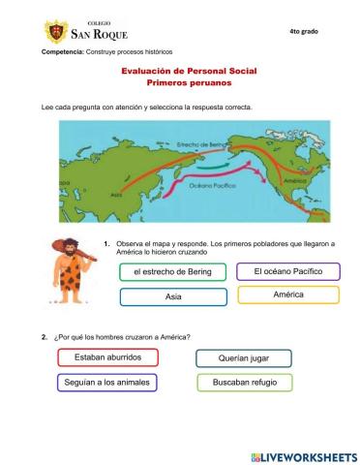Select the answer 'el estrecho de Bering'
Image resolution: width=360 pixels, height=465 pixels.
pyautogui.click(x=172, y=273)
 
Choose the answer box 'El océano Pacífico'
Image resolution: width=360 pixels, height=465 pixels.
pyautogui.click(x=287, y=271)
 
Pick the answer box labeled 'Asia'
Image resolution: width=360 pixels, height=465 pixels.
pyautogui.click(x=172, y=296)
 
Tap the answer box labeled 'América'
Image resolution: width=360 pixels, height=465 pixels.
pyautogui.click(x=287, y=294)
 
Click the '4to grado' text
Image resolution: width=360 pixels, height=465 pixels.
pyautogui.click(x=303, y=32)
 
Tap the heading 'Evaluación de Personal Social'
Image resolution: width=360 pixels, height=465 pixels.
pyautogui.click(x=179, y=72)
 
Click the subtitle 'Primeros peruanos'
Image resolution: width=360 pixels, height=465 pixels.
pyautogui.click(x=179, y=84)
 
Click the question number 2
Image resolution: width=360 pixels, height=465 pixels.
pyautogui.click(x=45, y=337)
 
